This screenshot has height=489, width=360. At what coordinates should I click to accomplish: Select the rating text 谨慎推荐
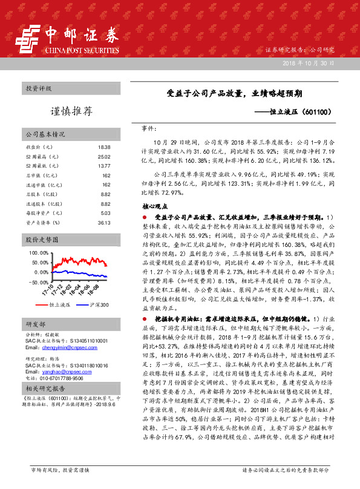pyautogui.click(x=71, y=112)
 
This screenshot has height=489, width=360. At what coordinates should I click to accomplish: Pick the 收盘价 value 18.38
pyautogui.click(x=104, y=147)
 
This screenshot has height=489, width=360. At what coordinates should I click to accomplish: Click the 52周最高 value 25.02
pyautogui.click(x=104, y=157)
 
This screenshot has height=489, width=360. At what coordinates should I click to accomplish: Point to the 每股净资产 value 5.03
pyautogui.click(x=105, y=213)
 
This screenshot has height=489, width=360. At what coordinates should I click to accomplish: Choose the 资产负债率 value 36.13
pyautogui.click(x=104, y=223)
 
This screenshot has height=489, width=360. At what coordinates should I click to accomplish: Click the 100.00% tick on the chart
pyautogui.click(x=38, y=252)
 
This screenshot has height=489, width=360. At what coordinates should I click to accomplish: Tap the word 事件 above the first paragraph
pyautogui.click(x=149, y=129)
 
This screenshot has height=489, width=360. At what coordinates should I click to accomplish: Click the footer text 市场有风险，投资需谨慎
pyautogui.click(x=60, y=470)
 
